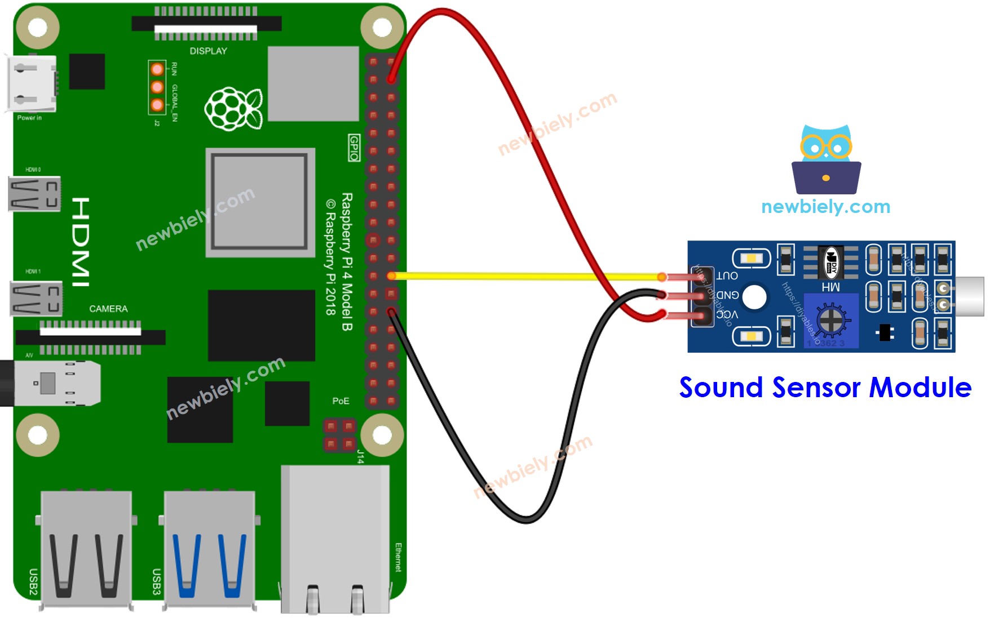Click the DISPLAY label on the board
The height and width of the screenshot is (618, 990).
pyautogui.click(x=208, y=51)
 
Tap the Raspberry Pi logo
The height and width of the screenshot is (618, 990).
pyautogui.click(x=233, y=108)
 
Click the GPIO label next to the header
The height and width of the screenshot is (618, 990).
pyautogui.click(x=354, y=148)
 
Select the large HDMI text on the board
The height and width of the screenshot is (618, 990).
pyautogui.click(x=81, y=242)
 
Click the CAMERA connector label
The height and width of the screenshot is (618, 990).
pyautogui.click(x=108, y=309)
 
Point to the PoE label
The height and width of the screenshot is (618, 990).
pyautogui.click(x=341, y=401)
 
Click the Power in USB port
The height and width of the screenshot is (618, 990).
pyautogui.click(x=31, y=84)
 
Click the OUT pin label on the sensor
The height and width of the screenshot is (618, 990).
pyautogui.click(x=727, y=275)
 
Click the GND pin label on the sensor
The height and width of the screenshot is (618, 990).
pyautogui.click(x=727, y=295)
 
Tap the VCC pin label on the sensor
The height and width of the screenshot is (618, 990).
pyautogui.click(x=727, y=315)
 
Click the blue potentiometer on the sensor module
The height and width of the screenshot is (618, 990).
pyautogui.click(x=830, y=321)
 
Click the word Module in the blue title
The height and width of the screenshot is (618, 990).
pyautogui.click(x=920, y=388)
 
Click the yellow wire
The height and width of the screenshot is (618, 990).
pyautogui.click(x=524, y=276)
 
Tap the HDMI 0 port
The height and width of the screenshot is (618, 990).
pyautogui.click(x=34, y=194)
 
